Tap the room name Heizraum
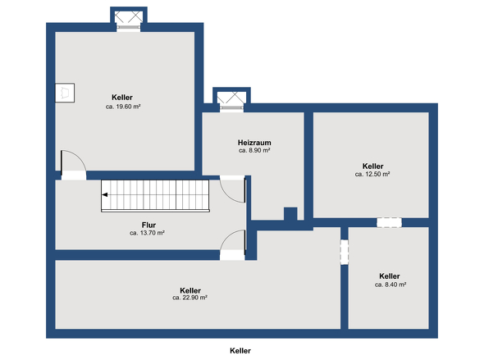(254, 142)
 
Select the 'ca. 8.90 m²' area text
(254, 151)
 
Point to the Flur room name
(148, 224)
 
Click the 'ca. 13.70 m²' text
(148, 233)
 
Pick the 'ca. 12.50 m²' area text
(372, 174)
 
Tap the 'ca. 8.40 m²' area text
(390, 285)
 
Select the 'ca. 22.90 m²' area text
(189, 298)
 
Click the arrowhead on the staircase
(106, 195)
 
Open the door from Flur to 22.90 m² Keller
(234, 244)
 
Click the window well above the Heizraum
(229, 99)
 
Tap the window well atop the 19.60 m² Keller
(129, 20)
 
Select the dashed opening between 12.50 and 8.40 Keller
(389, 222)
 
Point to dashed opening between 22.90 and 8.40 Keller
(345, 252)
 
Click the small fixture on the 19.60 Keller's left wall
(63, 92)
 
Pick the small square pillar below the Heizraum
(290, 214)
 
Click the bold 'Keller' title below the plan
(240, 350)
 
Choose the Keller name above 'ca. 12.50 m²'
(372, 165)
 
